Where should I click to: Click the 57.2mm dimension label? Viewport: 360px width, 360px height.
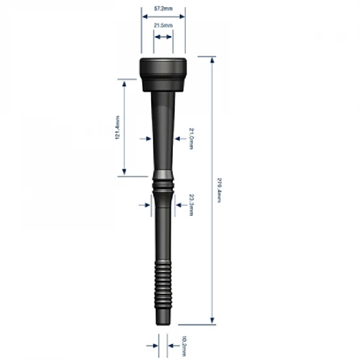point(163,8)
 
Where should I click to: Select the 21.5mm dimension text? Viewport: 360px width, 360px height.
point(163,25)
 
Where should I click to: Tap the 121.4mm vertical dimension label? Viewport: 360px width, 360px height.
point(117,128)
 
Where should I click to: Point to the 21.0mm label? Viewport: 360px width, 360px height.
point(190,138)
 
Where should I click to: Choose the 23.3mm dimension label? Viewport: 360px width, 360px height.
point(190,204)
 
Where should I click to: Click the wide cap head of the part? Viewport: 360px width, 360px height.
point(164,72)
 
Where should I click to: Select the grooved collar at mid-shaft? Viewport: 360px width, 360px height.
point(164,186)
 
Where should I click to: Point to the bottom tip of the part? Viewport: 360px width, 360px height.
point(164,319)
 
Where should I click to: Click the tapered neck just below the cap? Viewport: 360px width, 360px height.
point(164,111)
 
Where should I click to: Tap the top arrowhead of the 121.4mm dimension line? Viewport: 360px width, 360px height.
point(123,82)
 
